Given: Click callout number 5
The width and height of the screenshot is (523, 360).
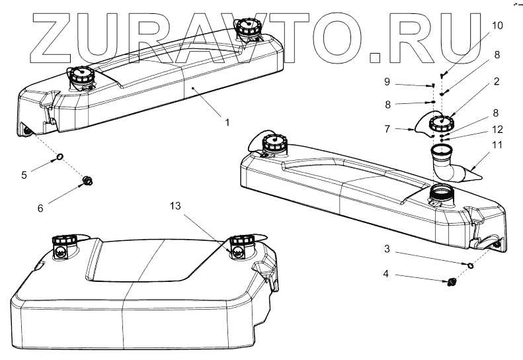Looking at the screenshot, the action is coord(24,176).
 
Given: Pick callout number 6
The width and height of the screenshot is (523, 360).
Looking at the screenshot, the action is coord(40,208).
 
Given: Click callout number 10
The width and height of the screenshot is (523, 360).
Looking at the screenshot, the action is coord(497,26).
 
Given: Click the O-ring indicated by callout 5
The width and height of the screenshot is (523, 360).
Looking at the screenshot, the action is coord(59,157).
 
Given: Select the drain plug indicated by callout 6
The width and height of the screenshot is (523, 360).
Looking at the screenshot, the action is coord(87,180).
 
